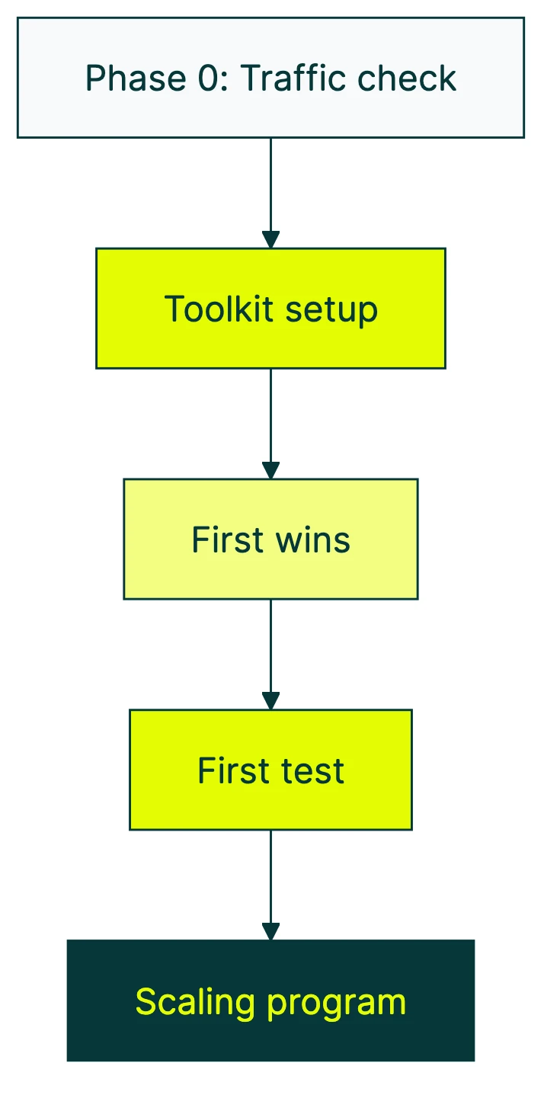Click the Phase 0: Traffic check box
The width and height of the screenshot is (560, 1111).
tap(270, 78)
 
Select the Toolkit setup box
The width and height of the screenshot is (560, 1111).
tap(270, 309)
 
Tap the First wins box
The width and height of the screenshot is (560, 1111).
tap(270, 539)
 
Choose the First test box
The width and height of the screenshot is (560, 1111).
tap(270, 770)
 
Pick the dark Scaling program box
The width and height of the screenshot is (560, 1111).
tap(270, 1001)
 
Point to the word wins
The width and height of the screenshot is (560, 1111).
tap(313, 540)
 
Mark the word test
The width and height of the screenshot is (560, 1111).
tap(314, 771)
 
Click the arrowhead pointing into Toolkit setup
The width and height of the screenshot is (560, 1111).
tap(270, 239)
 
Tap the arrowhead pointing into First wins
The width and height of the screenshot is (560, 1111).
tap(270, 470)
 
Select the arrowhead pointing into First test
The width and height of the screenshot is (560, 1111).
tap(270, 701)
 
